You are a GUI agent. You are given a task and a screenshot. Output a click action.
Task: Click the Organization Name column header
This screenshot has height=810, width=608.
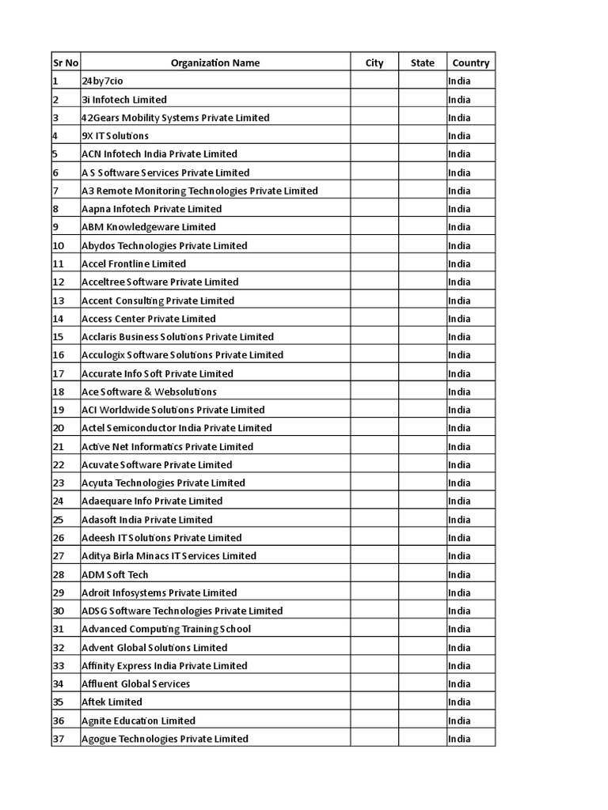coord(215,62)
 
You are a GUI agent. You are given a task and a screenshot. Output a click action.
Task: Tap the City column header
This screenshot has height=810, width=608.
coord(374,62)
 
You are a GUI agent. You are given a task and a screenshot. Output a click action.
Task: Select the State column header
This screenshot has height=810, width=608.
coord(422,62)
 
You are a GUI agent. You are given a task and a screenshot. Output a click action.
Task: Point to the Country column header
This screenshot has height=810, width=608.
coord(470,62)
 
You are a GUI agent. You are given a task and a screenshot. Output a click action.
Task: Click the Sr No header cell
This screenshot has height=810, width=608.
coord(66,62)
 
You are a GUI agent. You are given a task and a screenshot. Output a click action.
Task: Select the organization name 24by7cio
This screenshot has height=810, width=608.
coord(103,81)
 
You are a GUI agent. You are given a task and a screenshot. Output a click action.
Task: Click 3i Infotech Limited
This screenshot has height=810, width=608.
coord(123,100)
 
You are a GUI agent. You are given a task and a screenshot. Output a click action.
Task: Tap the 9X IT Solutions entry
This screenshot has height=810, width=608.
coord(115,136)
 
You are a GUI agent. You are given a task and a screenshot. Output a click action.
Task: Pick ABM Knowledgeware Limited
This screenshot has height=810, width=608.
coord(148,227)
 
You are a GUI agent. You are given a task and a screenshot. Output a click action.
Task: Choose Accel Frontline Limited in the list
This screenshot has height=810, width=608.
coord(134,263)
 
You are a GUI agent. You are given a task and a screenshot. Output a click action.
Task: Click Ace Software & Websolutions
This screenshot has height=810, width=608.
coord(149,392)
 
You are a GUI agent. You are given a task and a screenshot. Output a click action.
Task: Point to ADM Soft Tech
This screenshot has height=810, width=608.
coord(115,574)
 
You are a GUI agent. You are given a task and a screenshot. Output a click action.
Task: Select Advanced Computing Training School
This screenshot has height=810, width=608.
coord(166,629)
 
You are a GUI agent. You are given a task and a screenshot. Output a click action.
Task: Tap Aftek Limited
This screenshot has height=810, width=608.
coord(112,702)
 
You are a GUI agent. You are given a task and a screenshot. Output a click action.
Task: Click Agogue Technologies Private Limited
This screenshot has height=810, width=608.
coord(165,739)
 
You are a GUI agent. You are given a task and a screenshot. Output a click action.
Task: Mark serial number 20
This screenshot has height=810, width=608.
coord(59,428)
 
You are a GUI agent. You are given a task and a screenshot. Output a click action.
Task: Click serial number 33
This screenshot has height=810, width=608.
coord(59,665)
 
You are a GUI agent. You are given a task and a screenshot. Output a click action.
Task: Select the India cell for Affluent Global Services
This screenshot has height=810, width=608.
coord(459,683)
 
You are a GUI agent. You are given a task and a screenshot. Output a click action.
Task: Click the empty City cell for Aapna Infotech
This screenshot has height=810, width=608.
coord(374,209)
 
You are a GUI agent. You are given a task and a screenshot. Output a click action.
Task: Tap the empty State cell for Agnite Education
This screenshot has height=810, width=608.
coord(422,721)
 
